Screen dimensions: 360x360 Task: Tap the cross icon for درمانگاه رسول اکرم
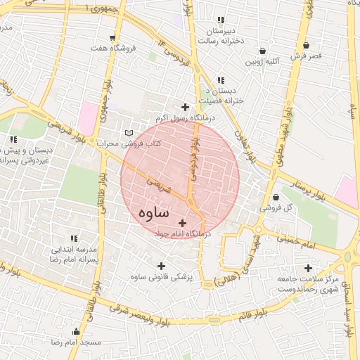(x=185, y=108)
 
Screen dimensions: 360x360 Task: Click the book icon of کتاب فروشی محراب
(x=128, y=132)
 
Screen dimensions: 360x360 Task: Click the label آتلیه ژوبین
(x=262, y=61)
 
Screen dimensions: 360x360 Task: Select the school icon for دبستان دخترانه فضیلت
(x=221, y=81)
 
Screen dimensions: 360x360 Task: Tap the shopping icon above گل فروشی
(x=275, y=198)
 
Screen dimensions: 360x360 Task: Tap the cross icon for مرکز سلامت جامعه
(x=308, y=268)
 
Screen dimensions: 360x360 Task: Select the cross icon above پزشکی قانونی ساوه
(x=162, y=266)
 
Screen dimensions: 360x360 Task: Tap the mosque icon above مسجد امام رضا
(x=76, y=332)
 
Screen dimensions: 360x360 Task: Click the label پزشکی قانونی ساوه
(x=162, y=277)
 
